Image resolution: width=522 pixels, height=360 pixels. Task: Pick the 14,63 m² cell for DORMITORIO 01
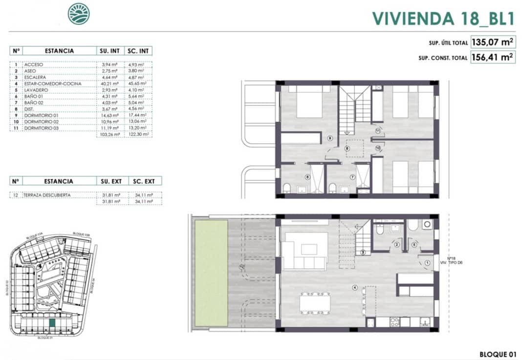pos(109,115)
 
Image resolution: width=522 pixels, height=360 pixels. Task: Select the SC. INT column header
pos(138,51)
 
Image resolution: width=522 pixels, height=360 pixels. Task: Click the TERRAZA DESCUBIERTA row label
pos(50,195)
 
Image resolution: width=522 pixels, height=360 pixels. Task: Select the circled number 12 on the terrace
pos(241,267)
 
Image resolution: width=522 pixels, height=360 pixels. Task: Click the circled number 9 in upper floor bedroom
pos(331,139)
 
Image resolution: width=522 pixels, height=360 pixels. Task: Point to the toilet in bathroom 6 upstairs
pos(287,188)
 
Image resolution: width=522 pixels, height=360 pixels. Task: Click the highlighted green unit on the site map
pos(52,323)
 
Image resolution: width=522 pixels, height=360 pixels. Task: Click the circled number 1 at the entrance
pos(427,262)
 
